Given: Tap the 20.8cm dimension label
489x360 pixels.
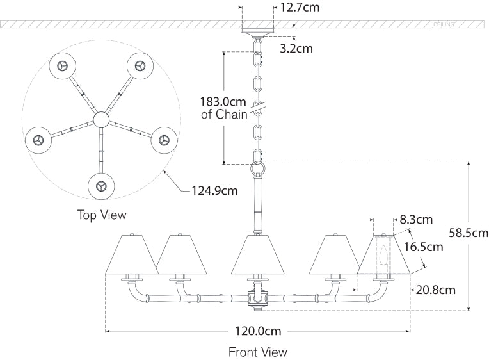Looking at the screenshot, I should click(x=435, y=290).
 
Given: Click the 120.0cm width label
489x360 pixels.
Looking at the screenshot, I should click(x=257, y=331).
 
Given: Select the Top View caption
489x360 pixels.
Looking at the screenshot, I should click(x=102, y=215).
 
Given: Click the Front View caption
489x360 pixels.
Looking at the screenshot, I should click(x=258, y=352).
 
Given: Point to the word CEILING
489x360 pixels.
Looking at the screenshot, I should click(x=444, y=24).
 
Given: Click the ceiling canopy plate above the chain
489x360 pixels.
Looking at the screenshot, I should click(x=260, y=29).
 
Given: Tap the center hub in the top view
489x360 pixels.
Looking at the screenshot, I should click(x=101, y=120).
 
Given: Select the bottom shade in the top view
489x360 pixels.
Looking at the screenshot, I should click(x=102, y=186).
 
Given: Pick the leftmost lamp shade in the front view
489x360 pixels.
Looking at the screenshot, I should click(x=132, y=254).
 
